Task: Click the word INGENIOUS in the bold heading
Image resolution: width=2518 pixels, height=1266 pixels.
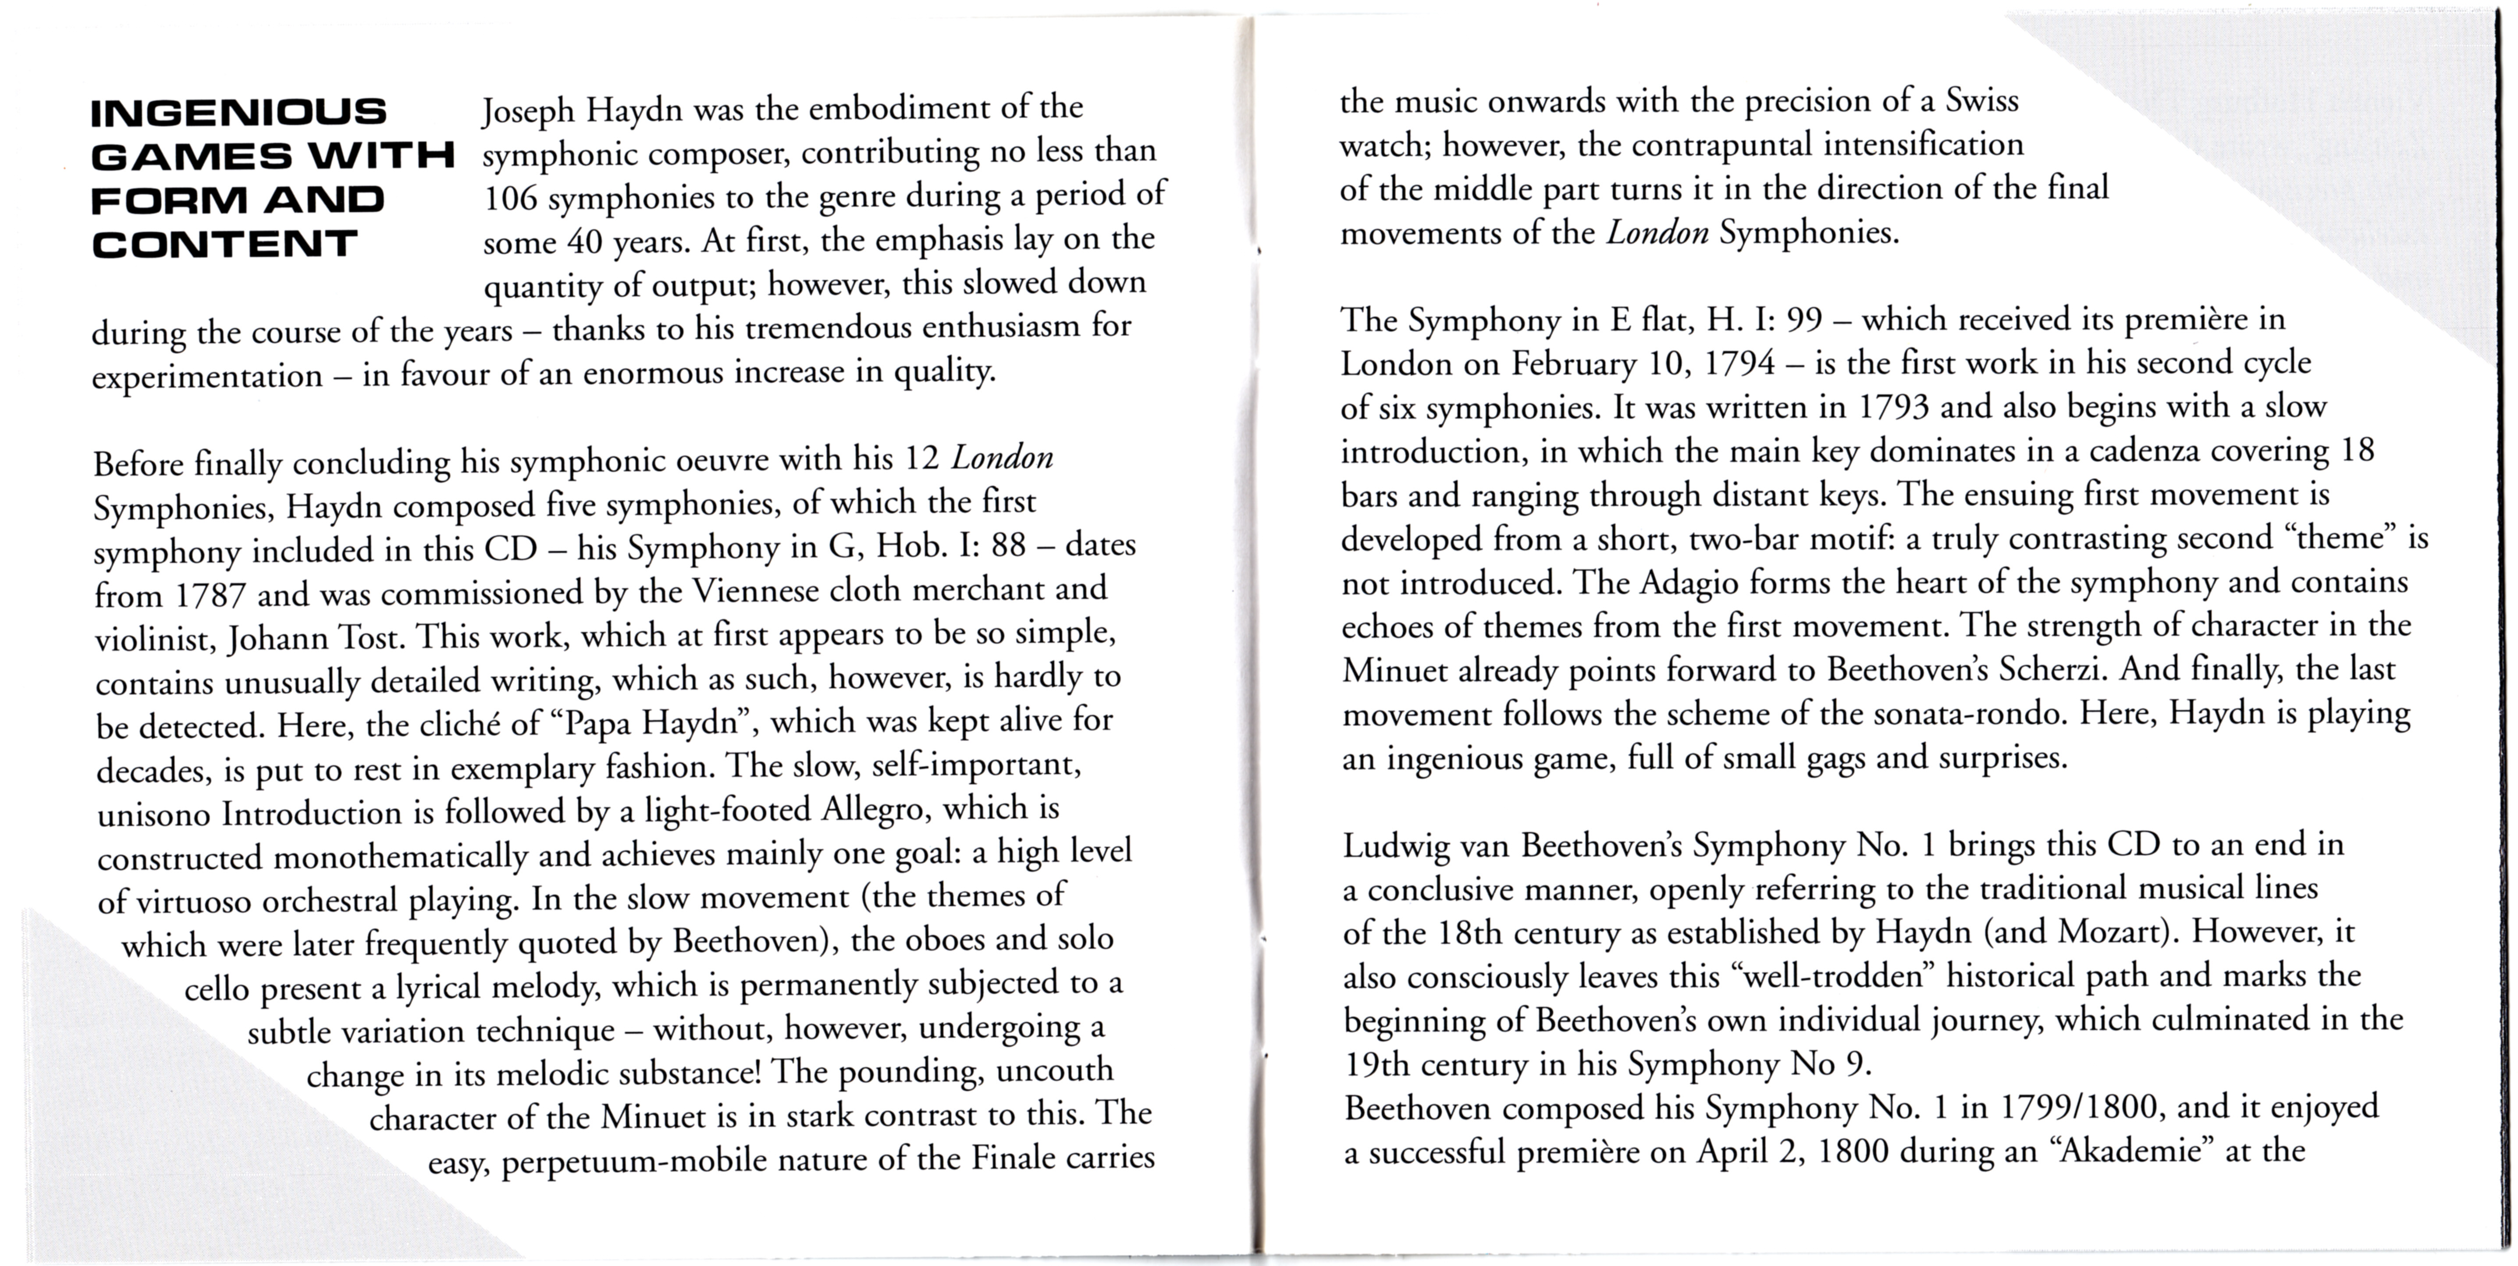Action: [238, 112]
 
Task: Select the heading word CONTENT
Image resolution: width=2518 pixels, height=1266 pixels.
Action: [225, 245]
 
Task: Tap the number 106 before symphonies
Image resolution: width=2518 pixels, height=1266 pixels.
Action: [510, 197]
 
